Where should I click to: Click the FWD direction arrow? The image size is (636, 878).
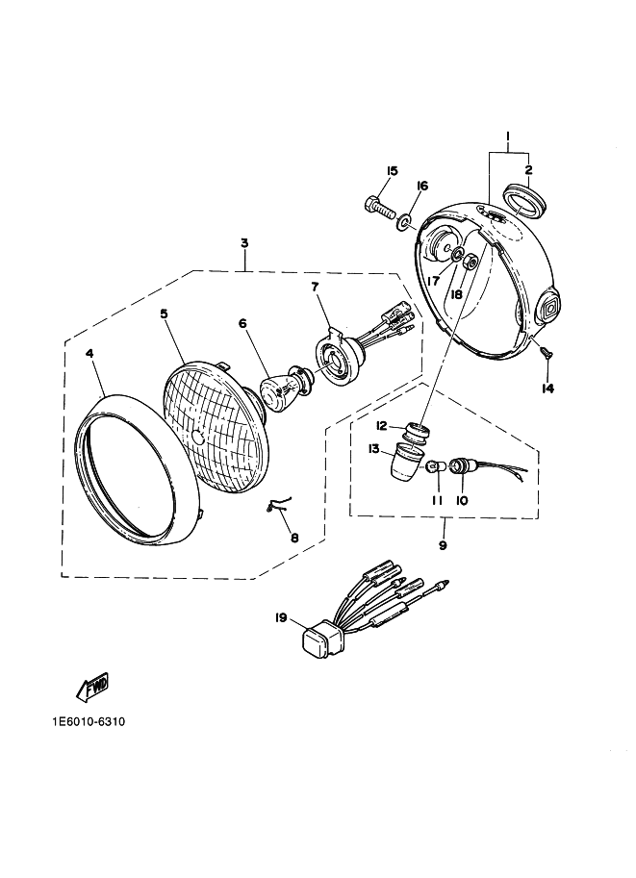click(93, 686)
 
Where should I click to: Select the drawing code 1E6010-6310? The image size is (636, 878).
click(89, 722)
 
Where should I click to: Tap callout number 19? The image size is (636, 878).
click(281, 617)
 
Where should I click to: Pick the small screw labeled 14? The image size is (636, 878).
click(544, 352)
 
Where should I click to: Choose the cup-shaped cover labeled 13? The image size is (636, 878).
click(406, 462)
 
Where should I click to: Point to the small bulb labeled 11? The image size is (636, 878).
click(436, 465)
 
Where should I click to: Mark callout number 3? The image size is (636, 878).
click(244, 243)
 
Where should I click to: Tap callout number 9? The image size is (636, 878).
click(443, 545)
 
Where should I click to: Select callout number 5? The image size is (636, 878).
click(164, 314)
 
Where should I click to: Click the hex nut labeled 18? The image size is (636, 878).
click(471, 261)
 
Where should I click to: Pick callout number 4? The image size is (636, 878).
click(89, 354)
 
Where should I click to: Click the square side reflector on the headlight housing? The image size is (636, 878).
click(547, 305)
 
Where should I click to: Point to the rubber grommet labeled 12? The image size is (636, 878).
click(417, 434)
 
